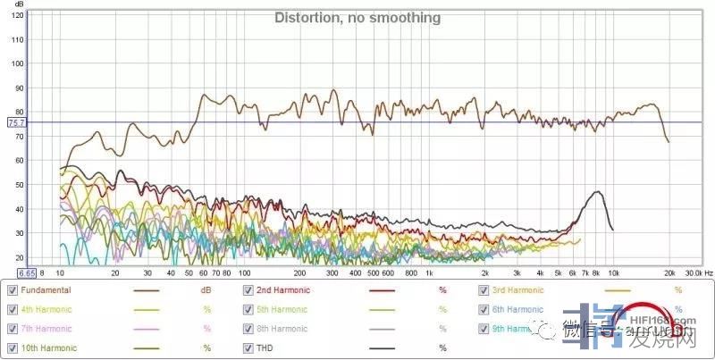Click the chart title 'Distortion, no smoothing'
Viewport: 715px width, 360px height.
tap(357, 18)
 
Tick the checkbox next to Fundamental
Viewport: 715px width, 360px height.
tap(13, 290)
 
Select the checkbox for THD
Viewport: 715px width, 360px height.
tap(249, 347)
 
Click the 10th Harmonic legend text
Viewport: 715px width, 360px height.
tap(48, 347)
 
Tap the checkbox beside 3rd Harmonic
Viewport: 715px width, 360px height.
tap(484, 290)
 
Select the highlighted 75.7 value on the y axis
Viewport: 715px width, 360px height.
tap(15, 122)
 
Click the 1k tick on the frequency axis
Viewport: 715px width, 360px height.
tap(428, 272)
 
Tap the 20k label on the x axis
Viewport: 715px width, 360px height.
tap(668, 272)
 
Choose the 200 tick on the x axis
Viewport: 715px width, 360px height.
tap(299, 272)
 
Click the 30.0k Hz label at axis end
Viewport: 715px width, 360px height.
tap(698, 272)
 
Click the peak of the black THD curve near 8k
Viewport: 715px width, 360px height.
tap(597, 192)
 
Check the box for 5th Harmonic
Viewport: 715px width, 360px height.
tap(249, 309)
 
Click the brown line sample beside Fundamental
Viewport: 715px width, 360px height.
tap(145, 291)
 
